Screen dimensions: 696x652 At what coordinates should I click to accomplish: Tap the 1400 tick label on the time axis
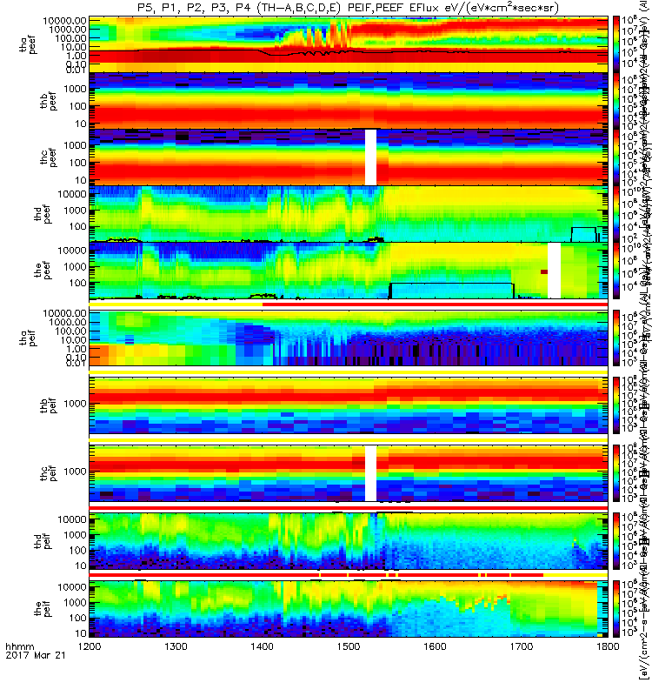point(262,673)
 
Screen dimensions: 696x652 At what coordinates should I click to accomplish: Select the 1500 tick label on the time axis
point(348,673)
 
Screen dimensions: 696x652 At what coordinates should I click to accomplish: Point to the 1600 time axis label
point(435,673)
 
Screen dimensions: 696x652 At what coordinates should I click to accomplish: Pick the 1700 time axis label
point(521,673)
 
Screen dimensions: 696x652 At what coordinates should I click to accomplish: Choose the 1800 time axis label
point(607,673)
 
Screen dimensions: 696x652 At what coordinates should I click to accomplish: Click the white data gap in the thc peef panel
point(370,157)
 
